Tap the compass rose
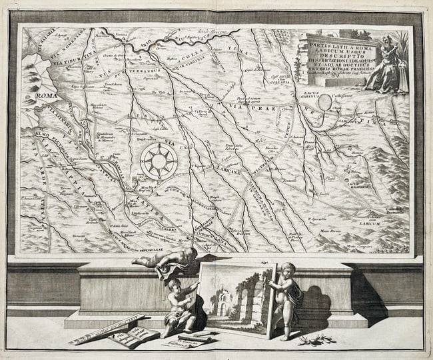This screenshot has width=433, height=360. point(159,161)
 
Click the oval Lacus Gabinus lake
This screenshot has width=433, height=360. point(324,102)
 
